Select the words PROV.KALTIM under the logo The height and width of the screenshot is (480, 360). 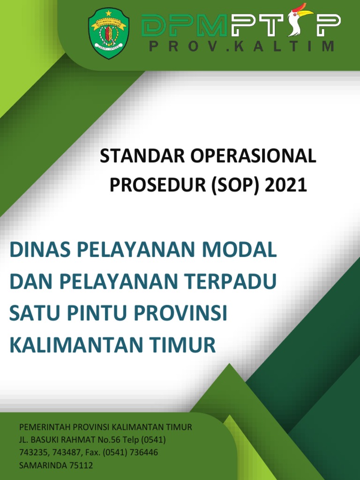pos(241,47)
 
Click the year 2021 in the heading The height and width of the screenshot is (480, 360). pos(286,186)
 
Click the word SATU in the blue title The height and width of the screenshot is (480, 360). pos(34,314)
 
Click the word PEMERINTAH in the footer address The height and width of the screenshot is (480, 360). pos(45,427)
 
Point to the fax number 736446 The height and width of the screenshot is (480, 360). pos(144,453)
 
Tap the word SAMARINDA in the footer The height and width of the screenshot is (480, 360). pos(39,465)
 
